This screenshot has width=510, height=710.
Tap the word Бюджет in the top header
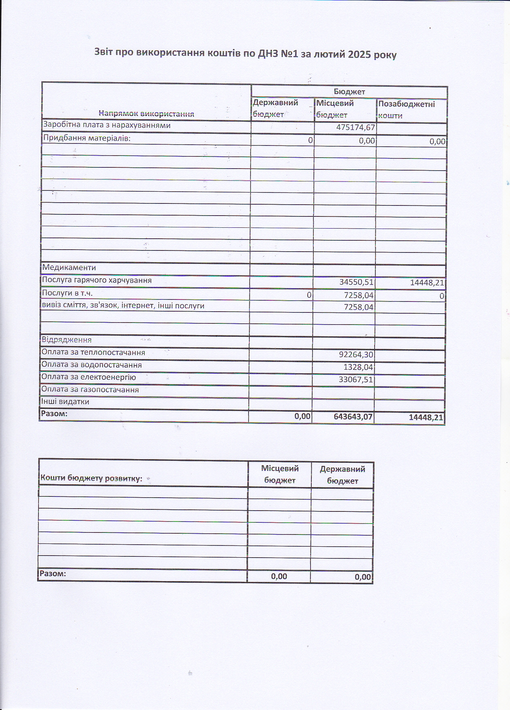click(349, 92)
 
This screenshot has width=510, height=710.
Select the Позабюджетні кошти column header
click(406, 109)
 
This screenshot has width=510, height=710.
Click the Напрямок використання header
click(146, 114)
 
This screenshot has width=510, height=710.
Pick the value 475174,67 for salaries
click(355, 128)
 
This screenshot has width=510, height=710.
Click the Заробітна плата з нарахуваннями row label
click(107, 125)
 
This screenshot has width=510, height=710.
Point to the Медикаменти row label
click(69, 267)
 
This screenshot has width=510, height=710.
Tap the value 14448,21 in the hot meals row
click(427, 283)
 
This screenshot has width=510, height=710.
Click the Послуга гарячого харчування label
click(97, 280)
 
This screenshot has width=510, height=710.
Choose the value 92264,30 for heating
click(356, 355)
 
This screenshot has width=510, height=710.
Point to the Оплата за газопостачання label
click(90, 390)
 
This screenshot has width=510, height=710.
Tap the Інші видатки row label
click(65, 402)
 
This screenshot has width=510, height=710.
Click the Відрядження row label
click(66, 340)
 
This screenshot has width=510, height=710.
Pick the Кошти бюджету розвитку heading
click(91, 478)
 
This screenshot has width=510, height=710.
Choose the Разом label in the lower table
click(52, 574)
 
